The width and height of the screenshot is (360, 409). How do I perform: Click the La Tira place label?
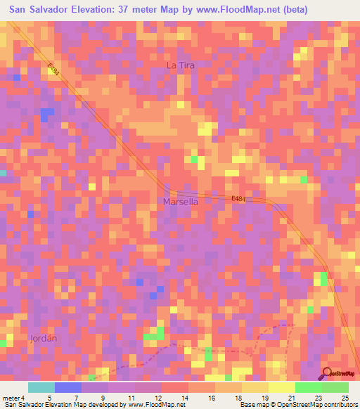(179, 65)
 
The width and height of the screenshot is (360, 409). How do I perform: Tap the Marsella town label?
(180, 202)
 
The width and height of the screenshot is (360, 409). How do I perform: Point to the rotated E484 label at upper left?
(54, 71)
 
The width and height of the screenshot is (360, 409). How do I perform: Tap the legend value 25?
(345, 398)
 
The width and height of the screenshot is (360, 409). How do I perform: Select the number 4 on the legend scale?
(23, 398)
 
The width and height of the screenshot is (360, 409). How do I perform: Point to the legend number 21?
(291, 398)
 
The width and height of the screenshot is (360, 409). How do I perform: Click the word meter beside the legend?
(11, 398)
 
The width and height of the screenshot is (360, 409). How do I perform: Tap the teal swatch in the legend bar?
(41, 387)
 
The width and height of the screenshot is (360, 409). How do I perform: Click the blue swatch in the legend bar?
(68, 387)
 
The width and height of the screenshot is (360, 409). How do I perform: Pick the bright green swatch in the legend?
(309, 387)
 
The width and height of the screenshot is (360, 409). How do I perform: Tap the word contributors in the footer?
(340, 405)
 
